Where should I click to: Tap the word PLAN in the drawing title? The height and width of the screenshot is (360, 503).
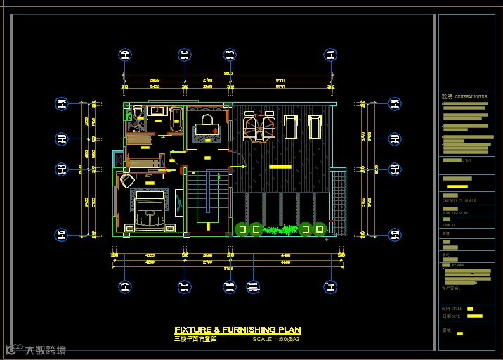289,330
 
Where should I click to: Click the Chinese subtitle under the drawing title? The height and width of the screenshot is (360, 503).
195,339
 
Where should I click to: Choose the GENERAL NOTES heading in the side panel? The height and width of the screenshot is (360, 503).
464,96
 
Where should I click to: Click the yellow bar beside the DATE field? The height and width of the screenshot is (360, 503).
475,316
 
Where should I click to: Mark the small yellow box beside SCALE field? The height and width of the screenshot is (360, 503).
470,308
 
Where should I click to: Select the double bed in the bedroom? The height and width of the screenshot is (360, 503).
149,213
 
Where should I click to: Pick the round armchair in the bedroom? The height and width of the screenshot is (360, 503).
126,181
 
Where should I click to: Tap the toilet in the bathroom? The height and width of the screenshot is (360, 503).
138,111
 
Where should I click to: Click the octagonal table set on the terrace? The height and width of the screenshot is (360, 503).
257,127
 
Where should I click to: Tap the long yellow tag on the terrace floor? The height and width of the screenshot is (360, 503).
280,166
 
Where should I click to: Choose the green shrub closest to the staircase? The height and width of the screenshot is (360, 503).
240,228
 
